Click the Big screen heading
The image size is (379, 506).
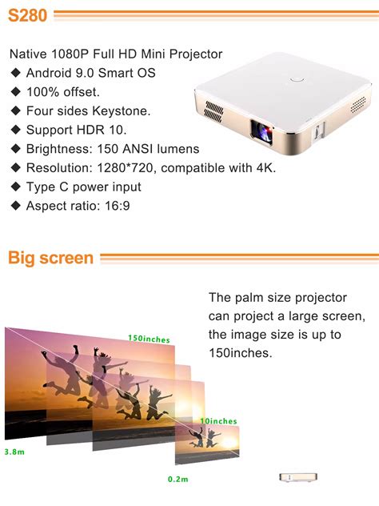point(50,259)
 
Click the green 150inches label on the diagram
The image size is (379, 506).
point(149,339)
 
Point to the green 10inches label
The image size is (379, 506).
point(218,421)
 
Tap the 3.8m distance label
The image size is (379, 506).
point(14,452)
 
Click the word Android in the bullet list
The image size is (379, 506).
point(51,73)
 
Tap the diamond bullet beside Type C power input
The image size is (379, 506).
point(16,187)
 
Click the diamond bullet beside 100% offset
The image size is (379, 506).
point(16,92)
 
